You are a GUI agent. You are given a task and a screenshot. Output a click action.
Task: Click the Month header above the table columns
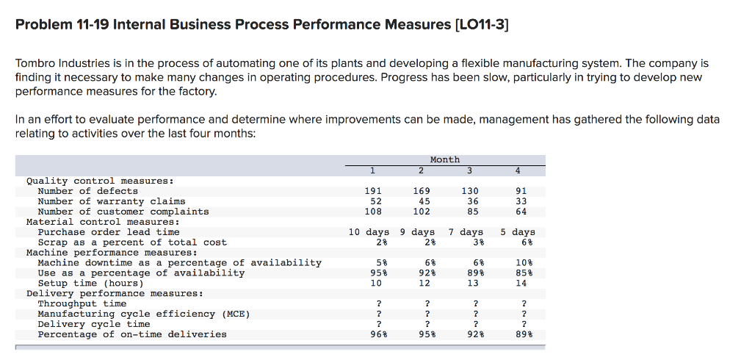(x=445, y=159)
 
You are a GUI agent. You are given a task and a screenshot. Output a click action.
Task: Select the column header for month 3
(x=469, y=170)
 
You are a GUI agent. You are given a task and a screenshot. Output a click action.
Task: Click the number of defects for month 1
(x=373, y=191)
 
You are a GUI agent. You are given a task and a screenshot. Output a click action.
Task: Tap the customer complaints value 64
(x=521, y=212)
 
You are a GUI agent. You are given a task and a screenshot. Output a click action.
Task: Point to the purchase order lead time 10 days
(x=369, y=232)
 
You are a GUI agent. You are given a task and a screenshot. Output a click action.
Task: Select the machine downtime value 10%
(x=521, y=263)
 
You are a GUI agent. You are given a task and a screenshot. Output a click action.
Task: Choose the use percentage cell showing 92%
(x=421, y=273)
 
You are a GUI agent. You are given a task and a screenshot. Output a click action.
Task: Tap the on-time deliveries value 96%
(x=373, y=334)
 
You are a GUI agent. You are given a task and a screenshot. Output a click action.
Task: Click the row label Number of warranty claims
(x=112, y=201)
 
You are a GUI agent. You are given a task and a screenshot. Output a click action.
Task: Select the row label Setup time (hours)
(x=91, y=284)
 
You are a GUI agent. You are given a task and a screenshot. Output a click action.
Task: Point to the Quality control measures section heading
(x=100, y=181)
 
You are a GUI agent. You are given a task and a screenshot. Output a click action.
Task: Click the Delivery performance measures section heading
(x=115, y=294)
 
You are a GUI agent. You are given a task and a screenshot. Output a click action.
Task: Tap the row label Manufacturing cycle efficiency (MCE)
(x=144, y=314)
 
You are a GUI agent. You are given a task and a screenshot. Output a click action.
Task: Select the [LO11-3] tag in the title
(x=482, y=25)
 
